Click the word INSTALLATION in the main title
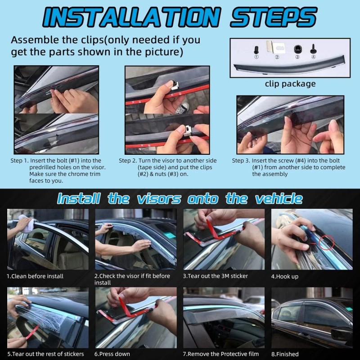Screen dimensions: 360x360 132,17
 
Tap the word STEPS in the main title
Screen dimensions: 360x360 274,17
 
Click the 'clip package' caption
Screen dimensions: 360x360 290,84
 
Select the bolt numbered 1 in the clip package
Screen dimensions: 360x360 256,49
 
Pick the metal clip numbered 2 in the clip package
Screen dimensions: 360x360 275,47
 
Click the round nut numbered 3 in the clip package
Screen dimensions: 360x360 297,49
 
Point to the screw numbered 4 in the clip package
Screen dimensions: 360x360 313,49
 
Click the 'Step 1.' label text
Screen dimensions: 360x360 19,161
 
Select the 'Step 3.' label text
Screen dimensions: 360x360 241,161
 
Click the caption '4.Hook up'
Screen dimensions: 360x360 285,276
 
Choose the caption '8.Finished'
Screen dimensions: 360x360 285,354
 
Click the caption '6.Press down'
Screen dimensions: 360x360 112,354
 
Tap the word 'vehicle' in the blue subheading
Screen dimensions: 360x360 279,198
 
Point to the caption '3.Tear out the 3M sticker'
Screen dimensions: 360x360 216,276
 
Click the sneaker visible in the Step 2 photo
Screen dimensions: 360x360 182,108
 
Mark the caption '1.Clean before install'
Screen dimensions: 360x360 35,276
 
